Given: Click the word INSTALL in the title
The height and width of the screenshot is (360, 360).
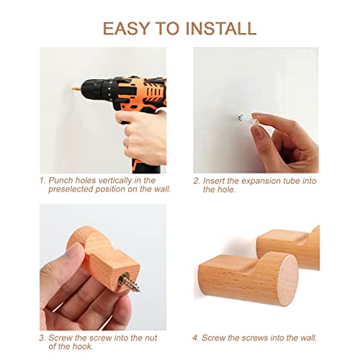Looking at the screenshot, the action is (x=221, y=29).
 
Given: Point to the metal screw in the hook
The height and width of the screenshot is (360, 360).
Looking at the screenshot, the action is (x=129, y=282).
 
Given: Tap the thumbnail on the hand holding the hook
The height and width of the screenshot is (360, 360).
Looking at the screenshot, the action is (x=73, y=251).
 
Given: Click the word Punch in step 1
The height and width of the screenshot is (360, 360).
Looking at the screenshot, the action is (x=61, y=181).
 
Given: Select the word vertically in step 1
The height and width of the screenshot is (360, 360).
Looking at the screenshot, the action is (x=115, y=181).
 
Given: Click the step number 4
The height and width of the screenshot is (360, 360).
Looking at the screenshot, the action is (x=195, y=338).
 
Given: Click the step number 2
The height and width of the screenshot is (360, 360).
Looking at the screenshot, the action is (x=197, y=181).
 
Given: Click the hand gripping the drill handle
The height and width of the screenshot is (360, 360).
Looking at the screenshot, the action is (x=142, y=137).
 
